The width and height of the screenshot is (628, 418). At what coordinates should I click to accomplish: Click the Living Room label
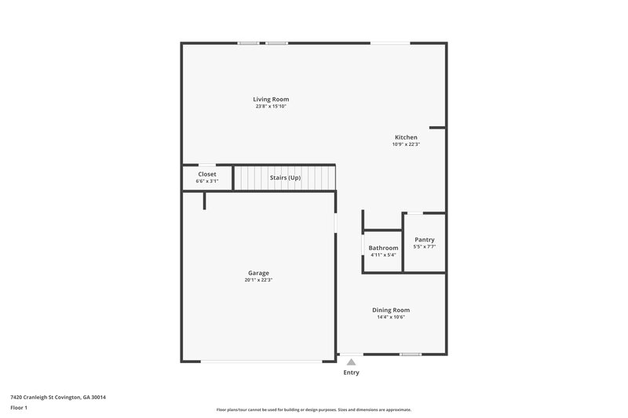click(x=271, y=100)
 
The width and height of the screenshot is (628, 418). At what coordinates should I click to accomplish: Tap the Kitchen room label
click(x=406, y=137)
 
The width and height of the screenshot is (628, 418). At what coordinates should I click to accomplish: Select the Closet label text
click(x=207, y=174)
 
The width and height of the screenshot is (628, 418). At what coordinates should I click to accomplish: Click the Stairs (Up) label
click(x=285, y=178)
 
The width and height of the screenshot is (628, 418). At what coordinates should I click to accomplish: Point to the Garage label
click(x=259, y=273)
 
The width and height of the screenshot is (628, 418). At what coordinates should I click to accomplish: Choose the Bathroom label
click(x=383, y=248)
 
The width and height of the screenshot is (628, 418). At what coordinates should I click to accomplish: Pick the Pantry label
click(x=424, y=240)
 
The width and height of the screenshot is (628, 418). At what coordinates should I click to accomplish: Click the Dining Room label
click(x=391, y=310)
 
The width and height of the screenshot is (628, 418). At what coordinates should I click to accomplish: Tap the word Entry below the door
click(x=351, y=373)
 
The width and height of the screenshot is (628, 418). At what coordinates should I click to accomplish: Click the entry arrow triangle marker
click(x=351, y=362)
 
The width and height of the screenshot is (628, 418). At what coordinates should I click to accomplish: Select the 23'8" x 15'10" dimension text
click(x=271, y=107)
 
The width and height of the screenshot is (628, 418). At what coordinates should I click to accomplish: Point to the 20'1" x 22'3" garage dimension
click(x=259, y=280)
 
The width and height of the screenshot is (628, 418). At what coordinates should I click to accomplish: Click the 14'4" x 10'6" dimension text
click(x=391, y=317)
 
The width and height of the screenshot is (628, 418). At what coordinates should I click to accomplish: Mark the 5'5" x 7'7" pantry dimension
click(x=424, y=247)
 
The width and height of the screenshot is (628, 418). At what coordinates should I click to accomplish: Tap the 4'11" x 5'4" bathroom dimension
click(x=383, y=255)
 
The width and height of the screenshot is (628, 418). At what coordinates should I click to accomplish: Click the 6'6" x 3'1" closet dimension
click(x=207, y=181)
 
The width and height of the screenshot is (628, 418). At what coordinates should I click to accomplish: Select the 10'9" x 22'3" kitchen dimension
click(x=406, y=144)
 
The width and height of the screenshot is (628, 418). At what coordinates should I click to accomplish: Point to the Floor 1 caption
click(x=19, y=408)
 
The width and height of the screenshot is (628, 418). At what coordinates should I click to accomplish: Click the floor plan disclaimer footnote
click(x=313, y=409)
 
